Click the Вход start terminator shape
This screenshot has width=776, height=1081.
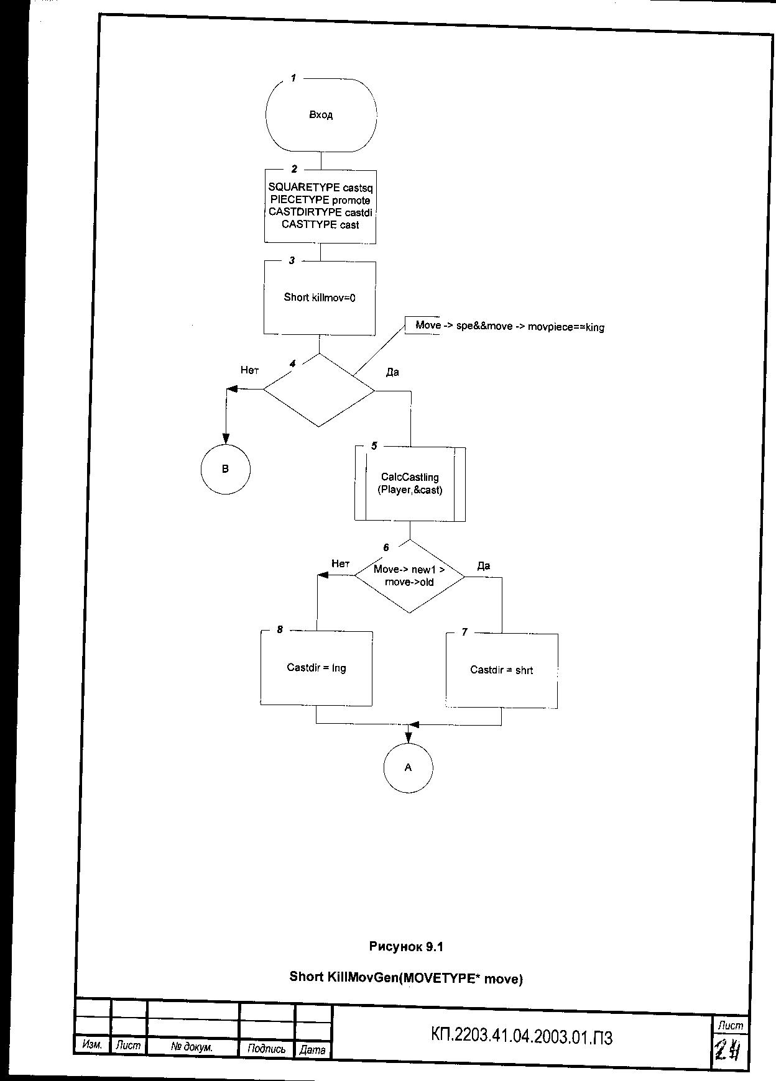pos(321,115)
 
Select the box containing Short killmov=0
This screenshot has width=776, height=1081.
pos(320,298)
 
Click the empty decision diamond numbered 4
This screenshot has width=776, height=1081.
pos(319,390)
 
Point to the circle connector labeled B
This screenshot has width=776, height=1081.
pos(225,469)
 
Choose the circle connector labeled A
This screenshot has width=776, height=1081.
pos(408,768)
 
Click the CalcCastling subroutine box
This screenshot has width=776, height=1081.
pos(410,483)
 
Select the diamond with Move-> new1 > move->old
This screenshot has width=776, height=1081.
pos(409,576)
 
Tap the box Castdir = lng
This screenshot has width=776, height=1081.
pos(316,668)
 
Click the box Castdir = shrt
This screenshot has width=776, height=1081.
pos(501,670)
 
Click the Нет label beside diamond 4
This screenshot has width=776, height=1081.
pos(249,370)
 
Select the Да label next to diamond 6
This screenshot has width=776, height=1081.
pos(484,566)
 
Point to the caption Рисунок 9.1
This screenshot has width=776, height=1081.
pos(406,947)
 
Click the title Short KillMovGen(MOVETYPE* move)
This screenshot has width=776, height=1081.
pos(406,978)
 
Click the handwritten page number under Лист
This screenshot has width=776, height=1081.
pos(729,1051)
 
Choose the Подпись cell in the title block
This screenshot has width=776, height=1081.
pos(266,1049)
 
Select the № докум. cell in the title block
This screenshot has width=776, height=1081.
pos(192,1047)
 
